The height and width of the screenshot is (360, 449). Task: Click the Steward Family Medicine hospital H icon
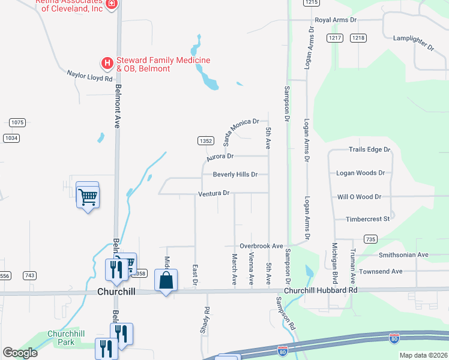107,62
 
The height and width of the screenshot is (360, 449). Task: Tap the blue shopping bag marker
166,280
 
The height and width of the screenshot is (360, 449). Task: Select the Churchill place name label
117,291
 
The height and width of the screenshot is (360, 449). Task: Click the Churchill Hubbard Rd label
321,290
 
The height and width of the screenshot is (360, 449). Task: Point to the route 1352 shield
205,140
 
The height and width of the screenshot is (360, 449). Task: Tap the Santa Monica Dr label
241,131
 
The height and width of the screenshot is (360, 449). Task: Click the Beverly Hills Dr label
235,175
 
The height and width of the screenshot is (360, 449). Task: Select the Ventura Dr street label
214,193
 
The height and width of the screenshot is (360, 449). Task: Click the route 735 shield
370,239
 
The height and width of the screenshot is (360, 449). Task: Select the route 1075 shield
17,122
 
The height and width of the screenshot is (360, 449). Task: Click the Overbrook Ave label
261,246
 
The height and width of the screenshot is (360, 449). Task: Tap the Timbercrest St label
368,219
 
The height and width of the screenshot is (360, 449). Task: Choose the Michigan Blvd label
334,263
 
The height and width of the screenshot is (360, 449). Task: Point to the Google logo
20,352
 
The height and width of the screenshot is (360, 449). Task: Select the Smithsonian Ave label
403,254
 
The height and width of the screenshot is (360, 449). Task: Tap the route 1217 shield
335,38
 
